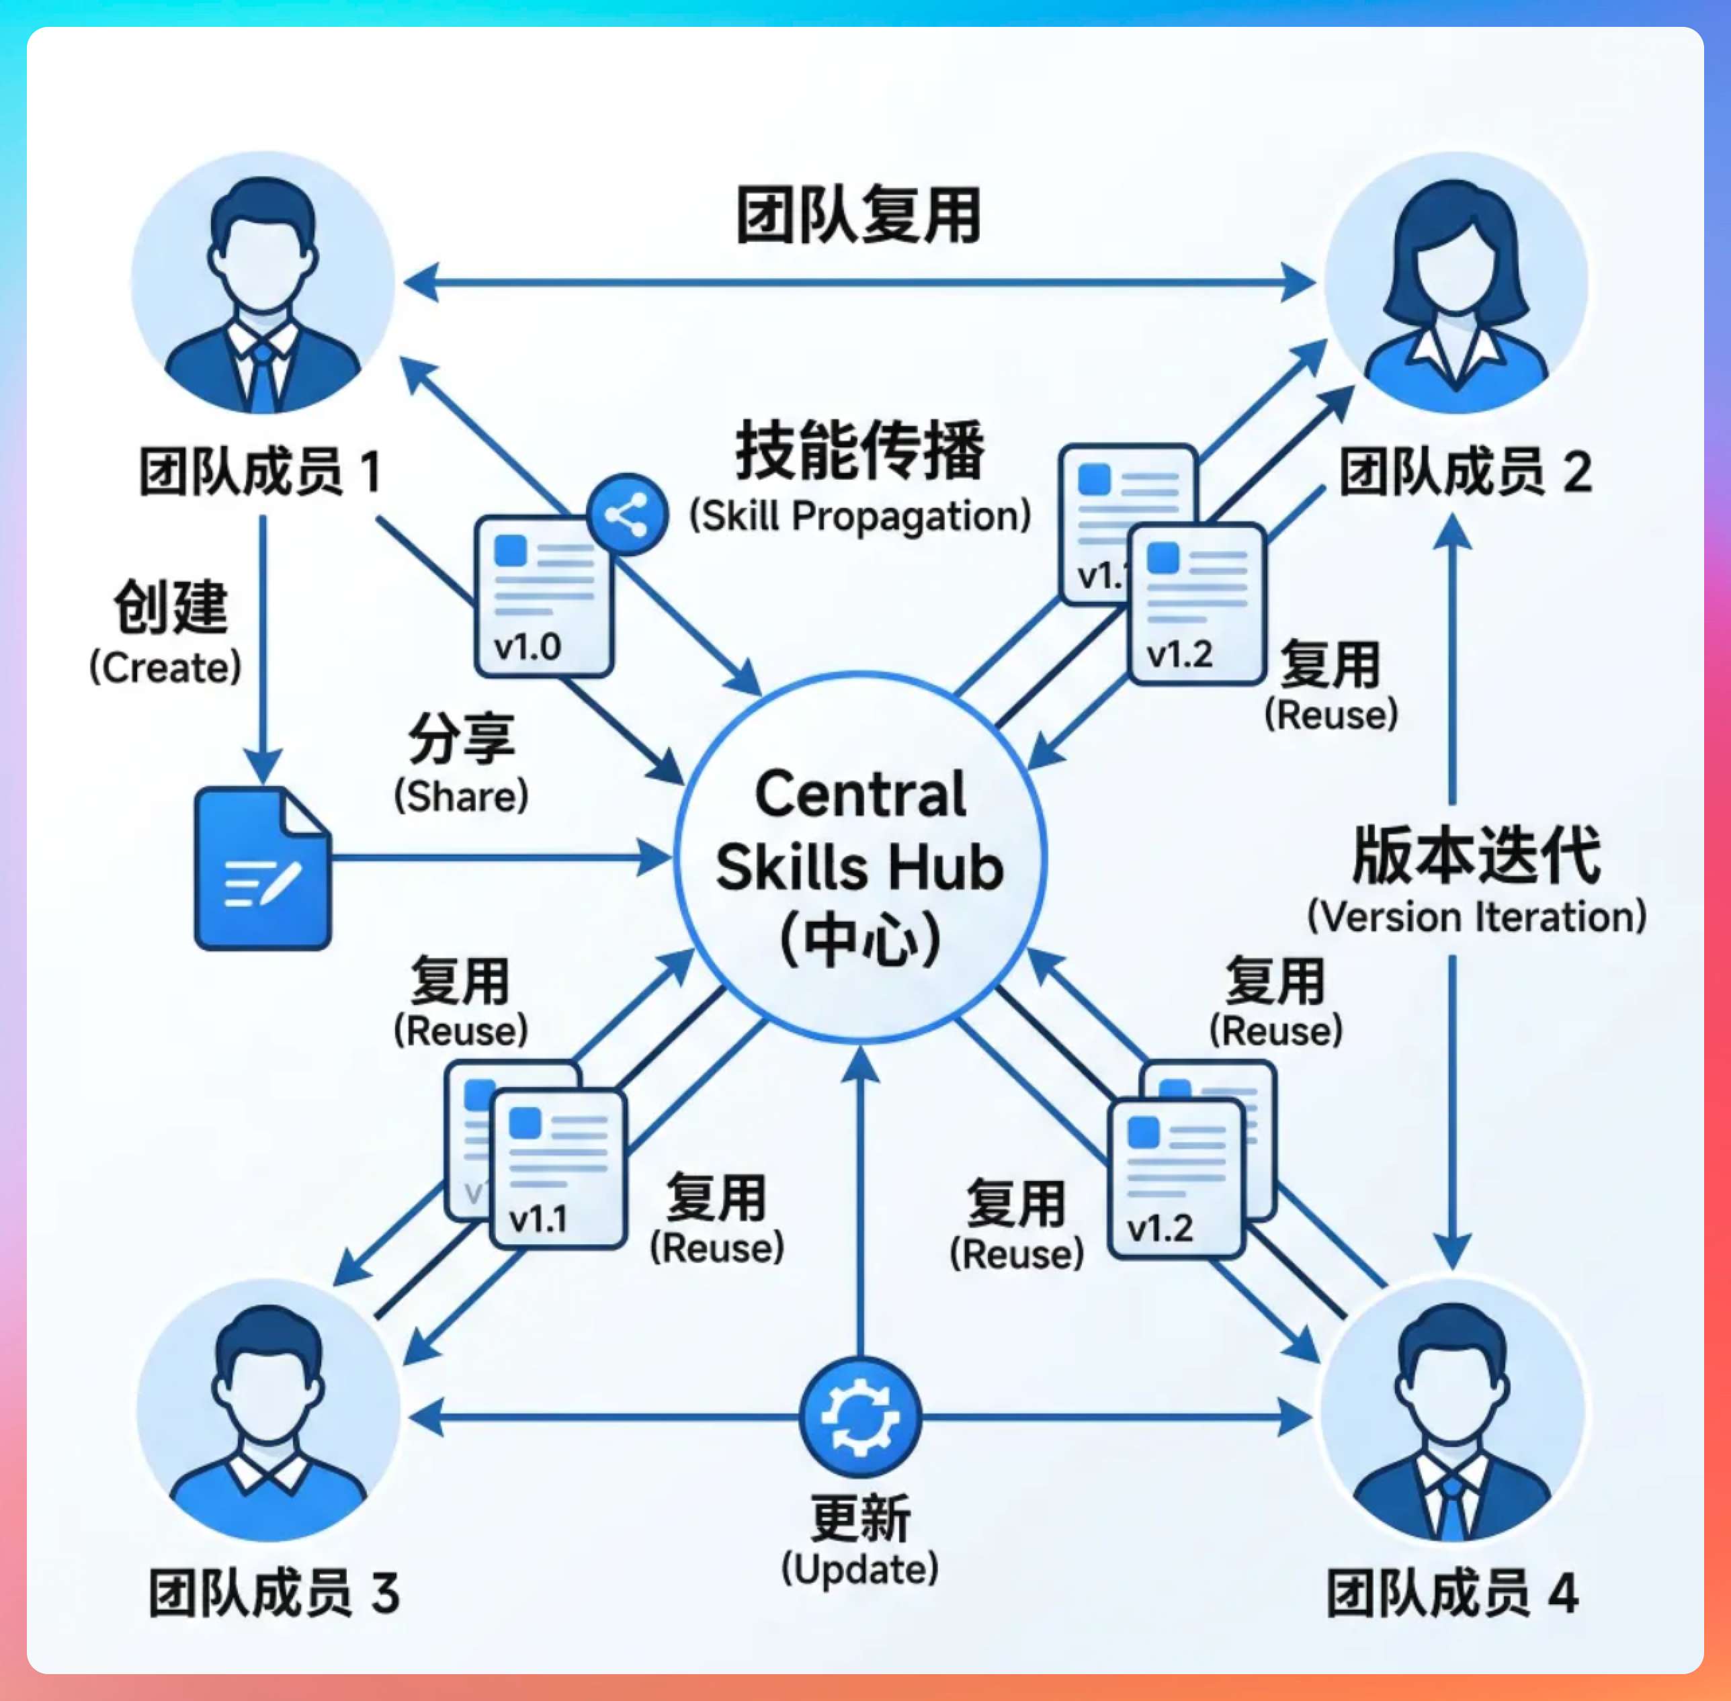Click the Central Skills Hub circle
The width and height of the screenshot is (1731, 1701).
pyautogui.click(x=859, y=858)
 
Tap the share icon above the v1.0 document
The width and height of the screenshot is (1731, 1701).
pyautogui.click(x=628, y=515)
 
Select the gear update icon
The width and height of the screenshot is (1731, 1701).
pyautogui.click(x=859, y=1417)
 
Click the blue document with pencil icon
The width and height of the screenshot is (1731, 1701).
pyautogui.click(x=262, y=869)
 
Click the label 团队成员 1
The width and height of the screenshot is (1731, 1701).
pyautogui.click(x=260, y=472)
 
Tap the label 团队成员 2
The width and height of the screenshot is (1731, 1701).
pyautogui.click(x=1466, y=472)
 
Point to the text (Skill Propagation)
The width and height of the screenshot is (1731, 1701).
pyautogui.click(x=859, y=517)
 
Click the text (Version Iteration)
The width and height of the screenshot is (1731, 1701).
pyautogui.click(x=1476, y=916)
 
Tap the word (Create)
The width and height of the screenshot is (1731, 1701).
pyautogui.click(x=165, y=667)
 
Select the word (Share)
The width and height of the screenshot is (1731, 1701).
pyautogui.click(x=461, y=796)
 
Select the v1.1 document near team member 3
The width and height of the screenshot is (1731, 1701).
pyautogui.click(x=558, y=1168)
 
